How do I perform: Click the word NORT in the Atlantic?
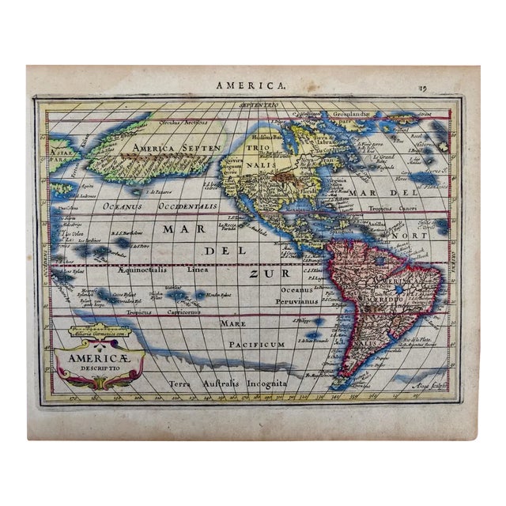click(413, 234)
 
